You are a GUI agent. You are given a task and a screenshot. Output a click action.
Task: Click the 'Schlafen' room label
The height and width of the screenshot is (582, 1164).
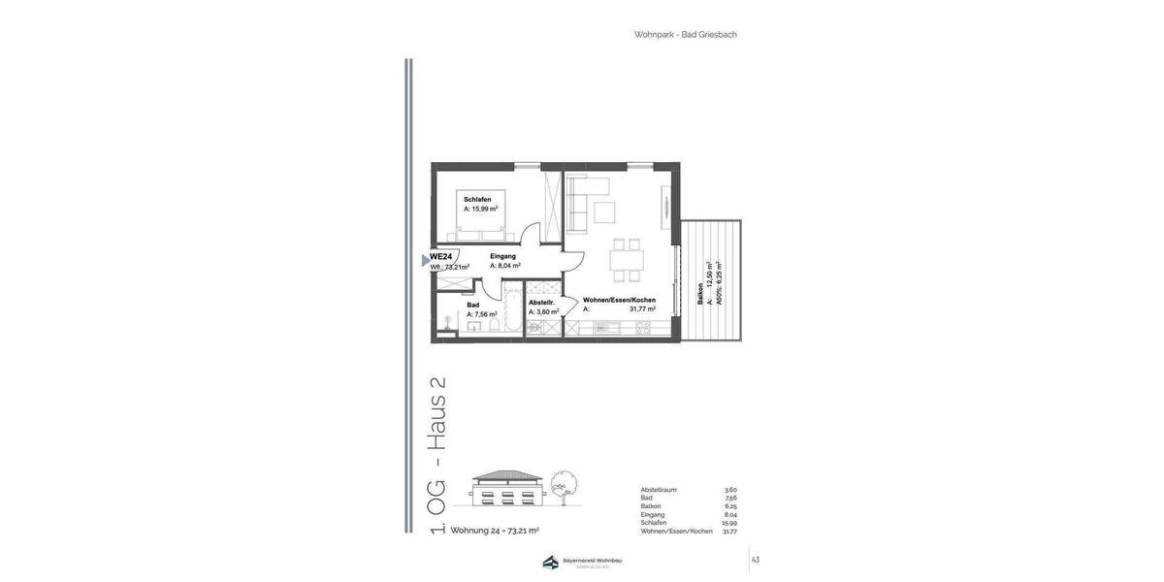[477, 199]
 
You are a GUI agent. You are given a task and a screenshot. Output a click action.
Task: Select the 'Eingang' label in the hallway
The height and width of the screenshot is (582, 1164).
[502, 256]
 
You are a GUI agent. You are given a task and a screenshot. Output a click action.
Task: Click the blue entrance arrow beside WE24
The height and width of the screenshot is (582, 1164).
[425, 260]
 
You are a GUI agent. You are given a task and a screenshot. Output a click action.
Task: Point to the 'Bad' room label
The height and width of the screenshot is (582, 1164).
[472, 305]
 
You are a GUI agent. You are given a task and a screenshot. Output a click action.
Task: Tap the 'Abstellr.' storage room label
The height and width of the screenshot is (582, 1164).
[541, 302]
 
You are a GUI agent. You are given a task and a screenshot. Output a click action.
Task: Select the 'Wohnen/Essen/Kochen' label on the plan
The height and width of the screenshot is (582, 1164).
[619, 300]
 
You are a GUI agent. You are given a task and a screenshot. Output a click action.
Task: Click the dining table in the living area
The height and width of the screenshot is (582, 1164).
[627, 260]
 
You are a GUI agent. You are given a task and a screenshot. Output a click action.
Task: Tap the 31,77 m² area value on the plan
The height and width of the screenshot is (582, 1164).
[642, 309]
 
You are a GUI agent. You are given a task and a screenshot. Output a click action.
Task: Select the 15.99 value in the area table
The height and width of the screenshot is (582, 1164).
[728, 523]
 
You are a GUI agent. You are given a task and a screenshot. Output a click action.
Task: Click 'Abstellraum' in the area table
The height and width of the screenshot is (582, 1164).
[659, 490]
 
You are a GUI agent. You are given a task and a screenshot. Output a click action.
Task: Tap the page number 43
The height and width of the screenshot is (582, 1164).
[756, 560]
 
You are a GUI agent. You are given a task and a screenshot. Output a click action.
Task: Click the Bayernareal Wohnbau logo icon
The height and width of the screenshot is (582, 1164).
[551, 563]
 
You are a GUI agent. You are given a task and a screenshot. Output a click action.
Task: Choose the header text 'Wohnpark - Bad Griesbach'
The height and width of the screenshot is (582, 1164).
[685, 35]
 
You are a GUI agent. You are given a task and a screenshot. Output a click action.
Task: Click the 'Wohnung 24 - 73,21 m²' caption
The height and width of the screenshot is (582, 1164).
[495, 531]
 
